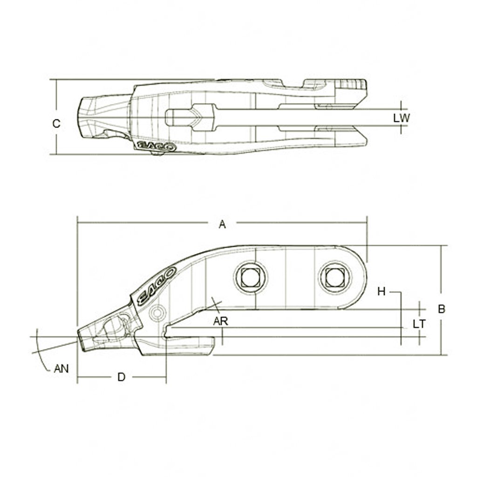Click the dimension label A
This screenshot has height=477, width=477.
(223, 225)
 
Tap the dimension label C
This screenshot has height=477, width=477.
(56, 123)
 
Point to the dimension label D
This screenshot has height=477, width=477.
(121, 377)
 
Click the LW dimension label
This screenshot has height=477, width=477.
(401, 118)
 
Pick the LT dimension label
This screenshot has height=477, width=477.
(419, 324)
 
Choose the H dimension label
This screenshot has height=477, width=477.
(382, 292)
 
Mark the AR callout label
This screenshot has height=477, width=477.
(220, 321)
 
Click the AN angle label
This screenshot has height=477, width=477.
(61, 368)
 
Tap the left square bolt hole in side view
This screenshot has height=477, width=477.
(251, 278)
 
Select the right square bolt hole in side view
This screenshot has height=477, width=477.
(334, 278)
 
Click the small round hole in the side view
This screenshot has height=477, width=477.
(157, 312)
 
